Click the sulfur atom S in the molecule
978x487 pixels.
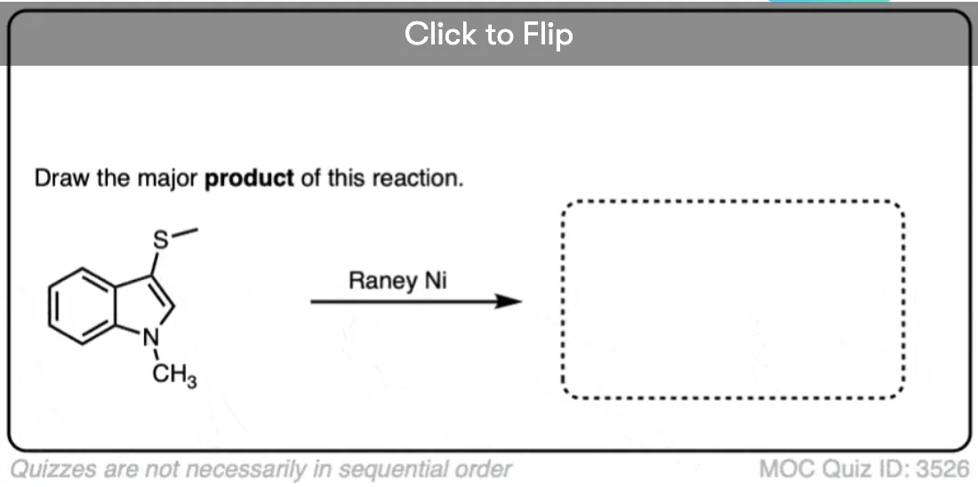(x=161, y=240)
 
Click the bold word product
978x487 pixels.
(x=249, y=179)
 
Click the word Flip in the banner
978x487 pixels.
(x=548, y=34)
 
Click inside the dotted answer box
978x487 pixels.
(x=733, y=299)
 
